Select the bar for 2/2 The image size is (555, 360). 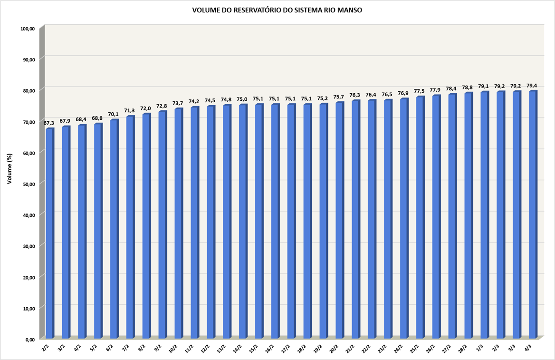tap(49, 233)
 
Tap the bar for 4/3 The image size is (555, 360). tap(532, 214)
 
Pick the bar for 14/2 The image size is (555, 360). tap(242, 221)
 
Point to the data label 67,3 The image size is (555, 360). tap(49, 123)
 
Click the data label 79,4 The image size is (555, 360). tap(532, 86)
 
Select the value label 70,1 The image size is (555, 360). tap(114, 114)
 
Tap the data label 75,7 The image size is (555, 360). tap(339, 97)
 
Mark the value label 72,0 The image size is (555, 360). tap(145, 108)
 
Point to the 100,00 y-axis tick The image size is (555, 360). tap(28, 29)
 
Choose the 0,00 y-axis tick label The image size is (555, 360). tap(30, 339)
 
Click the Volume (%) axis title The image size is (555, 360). tap(9, 169)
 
